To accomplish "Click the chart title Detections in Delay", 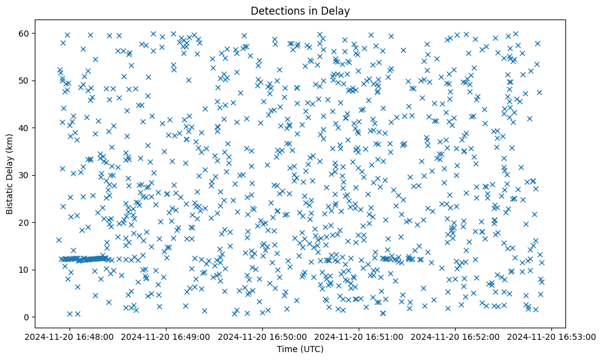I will tap(301, 10).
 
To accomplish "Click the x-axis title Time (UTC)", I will tap(301, 349).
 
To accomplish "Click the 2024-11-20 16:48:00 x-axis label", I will tap(70, 336).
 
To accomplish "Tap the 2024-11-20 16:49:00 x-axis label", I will tap(166, 336).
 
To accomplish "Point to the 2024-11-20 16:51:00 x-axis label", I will tap(359, 336).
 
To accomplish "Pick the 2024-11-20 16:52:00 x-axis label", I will tap(456, 336).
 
